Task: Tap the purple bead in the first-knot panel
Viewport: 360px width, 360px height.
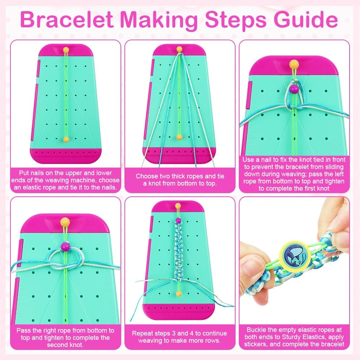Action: point(294,89)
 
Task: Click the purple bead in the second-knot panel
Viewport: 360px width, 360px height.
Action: point(65,247)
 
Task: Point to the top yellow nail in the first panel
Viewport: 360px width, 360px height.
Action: point(66,50)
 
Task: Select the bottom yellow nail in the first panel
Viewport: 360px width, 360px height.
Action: point(66,140)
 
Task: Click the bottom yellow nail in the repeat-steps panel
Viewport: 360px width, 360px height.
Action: point(179,293)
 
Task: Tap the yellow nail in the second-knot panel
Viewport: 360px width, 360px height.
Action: point(65,222)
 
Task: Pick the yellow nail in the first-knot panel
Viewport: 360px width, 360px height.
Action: point(294,64)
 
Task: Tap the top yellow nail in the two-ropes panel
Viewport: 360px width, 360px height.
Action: point(179,49)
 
